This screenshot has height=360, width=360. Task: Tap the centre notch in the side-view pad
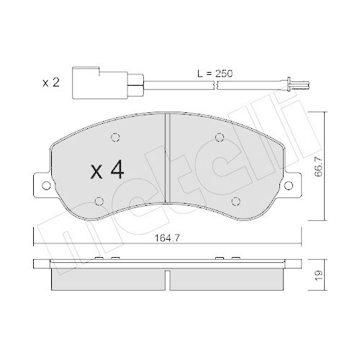[167, 276]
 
